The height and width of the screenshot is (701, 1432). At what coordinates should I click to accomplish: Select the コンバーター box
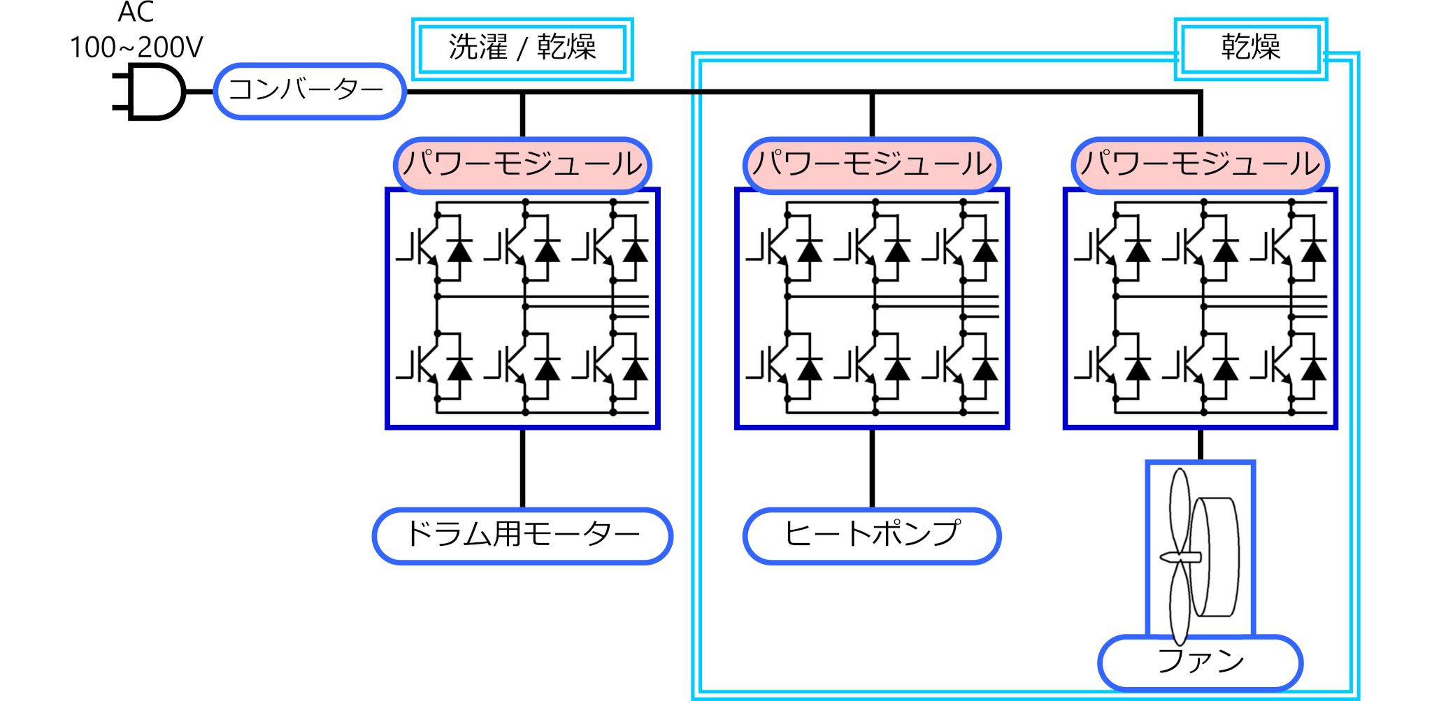(x=309, y=91)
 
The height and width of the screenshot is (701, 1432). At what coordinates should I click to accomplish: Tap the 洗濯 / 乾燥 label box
(x=522, y=48)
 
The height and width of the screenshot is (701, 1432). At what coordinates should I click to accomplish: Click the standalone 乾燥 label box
(x=1250, y=48)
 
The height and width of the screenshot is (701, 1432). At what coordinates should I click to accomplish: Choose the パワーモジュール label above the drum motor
(x=522, y=165)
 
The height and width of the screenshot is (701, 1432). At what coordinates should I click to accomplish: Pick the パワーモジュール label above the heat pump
(x=872, y=165)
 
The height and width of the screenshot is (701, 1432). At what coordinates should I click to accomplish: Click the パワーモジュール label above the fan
(x=1200, y=165)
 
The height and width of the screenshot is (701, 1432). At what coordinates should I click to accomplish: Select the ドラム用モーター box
(x=522, y=535)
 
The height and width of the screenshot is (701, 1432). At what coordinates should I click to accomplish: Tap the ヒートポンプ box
(x=872, y=535)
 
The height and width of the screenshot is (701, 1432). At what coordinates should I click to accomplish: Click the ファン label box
(x=1200, y=662)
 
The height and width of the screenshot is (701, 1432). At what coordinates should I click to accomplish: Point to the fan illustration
(x=1200, y=552)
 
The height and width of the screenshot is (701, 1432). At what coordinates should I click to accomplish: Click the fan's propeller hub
(x=1181, y=557)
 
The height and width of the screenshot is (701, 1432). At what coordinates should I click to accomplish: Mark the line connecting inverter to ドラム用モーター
(x=522, y=468)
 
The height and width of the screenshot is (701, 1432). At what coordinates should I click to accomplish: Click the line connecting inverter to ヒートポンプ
(x=872, y=468)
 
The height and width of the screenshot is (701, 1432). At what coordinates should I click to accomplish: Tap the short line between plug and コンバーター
(x=200, y=92)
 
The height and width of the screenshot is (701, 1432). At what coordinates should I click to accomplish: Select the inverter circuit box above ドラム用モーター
(x=522, y=308)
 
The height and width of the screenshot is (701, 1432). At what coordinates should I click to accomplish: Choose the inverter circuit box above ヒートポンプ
(x=872, y=308)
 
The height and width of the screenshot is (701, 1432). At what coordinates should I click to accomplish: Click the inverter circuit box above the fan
(x=1200, y=308)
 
